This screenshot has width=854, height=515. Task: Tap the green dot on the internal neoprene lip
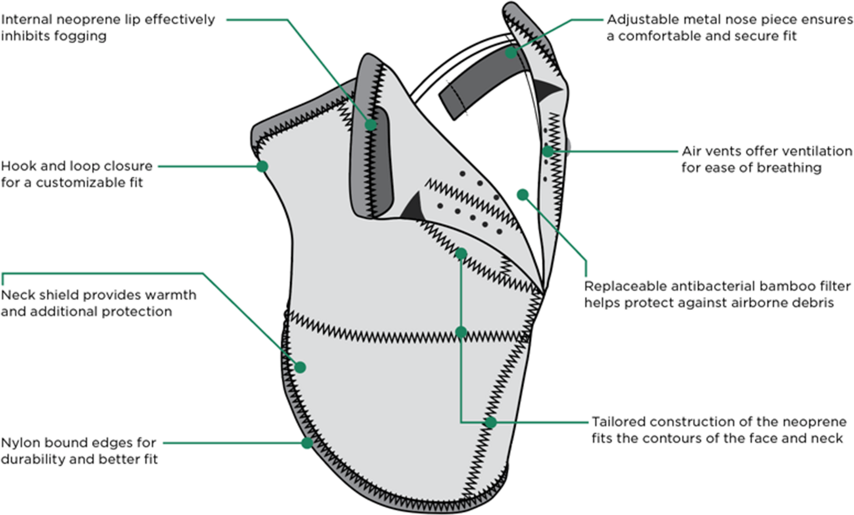pos(371,124)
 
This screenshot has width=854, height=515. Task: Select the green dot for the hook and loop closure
pos(262,166)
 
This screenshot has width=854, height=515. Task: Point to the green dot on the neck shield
pos(300,367)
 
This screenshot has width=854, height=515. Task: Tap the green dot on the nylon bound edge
pos(307,443)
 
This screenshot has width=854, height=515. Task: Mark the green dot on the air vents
pos(547,151)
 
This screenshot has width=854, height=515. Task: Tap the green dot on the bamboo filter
pos(523,194)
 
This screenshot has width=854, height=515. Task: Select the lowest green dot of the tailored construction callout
pos(491,422)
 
